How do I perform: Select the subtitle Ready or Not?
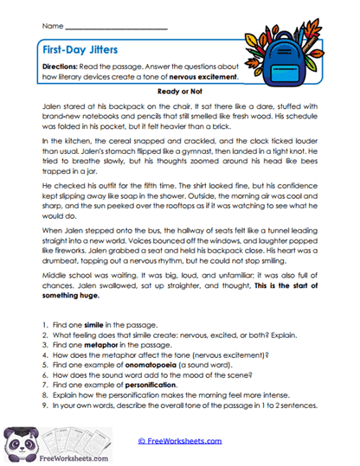pos(179,88)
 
